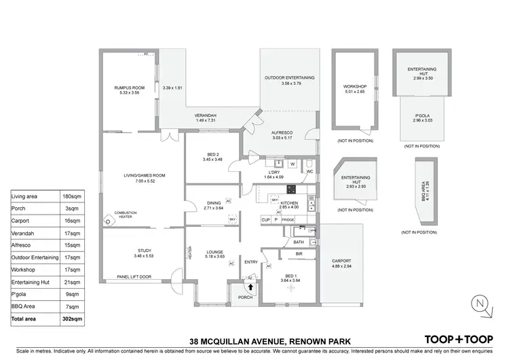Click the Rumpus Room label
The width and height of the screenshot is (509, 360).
click(x=130, y=88)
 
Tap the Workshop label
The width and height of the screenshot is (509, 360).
click(x=354, y=87)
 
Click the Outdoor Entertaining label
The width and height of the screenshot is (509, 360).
click(x=288, y=78)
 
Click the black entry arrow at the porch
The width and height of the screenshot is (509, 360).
click(x=239, y=287)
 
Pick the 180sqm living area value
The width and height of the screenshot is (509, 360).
click(x=73, y=196)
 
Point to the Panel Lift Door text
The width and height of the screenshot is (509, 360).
click(x=133, y=277)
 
